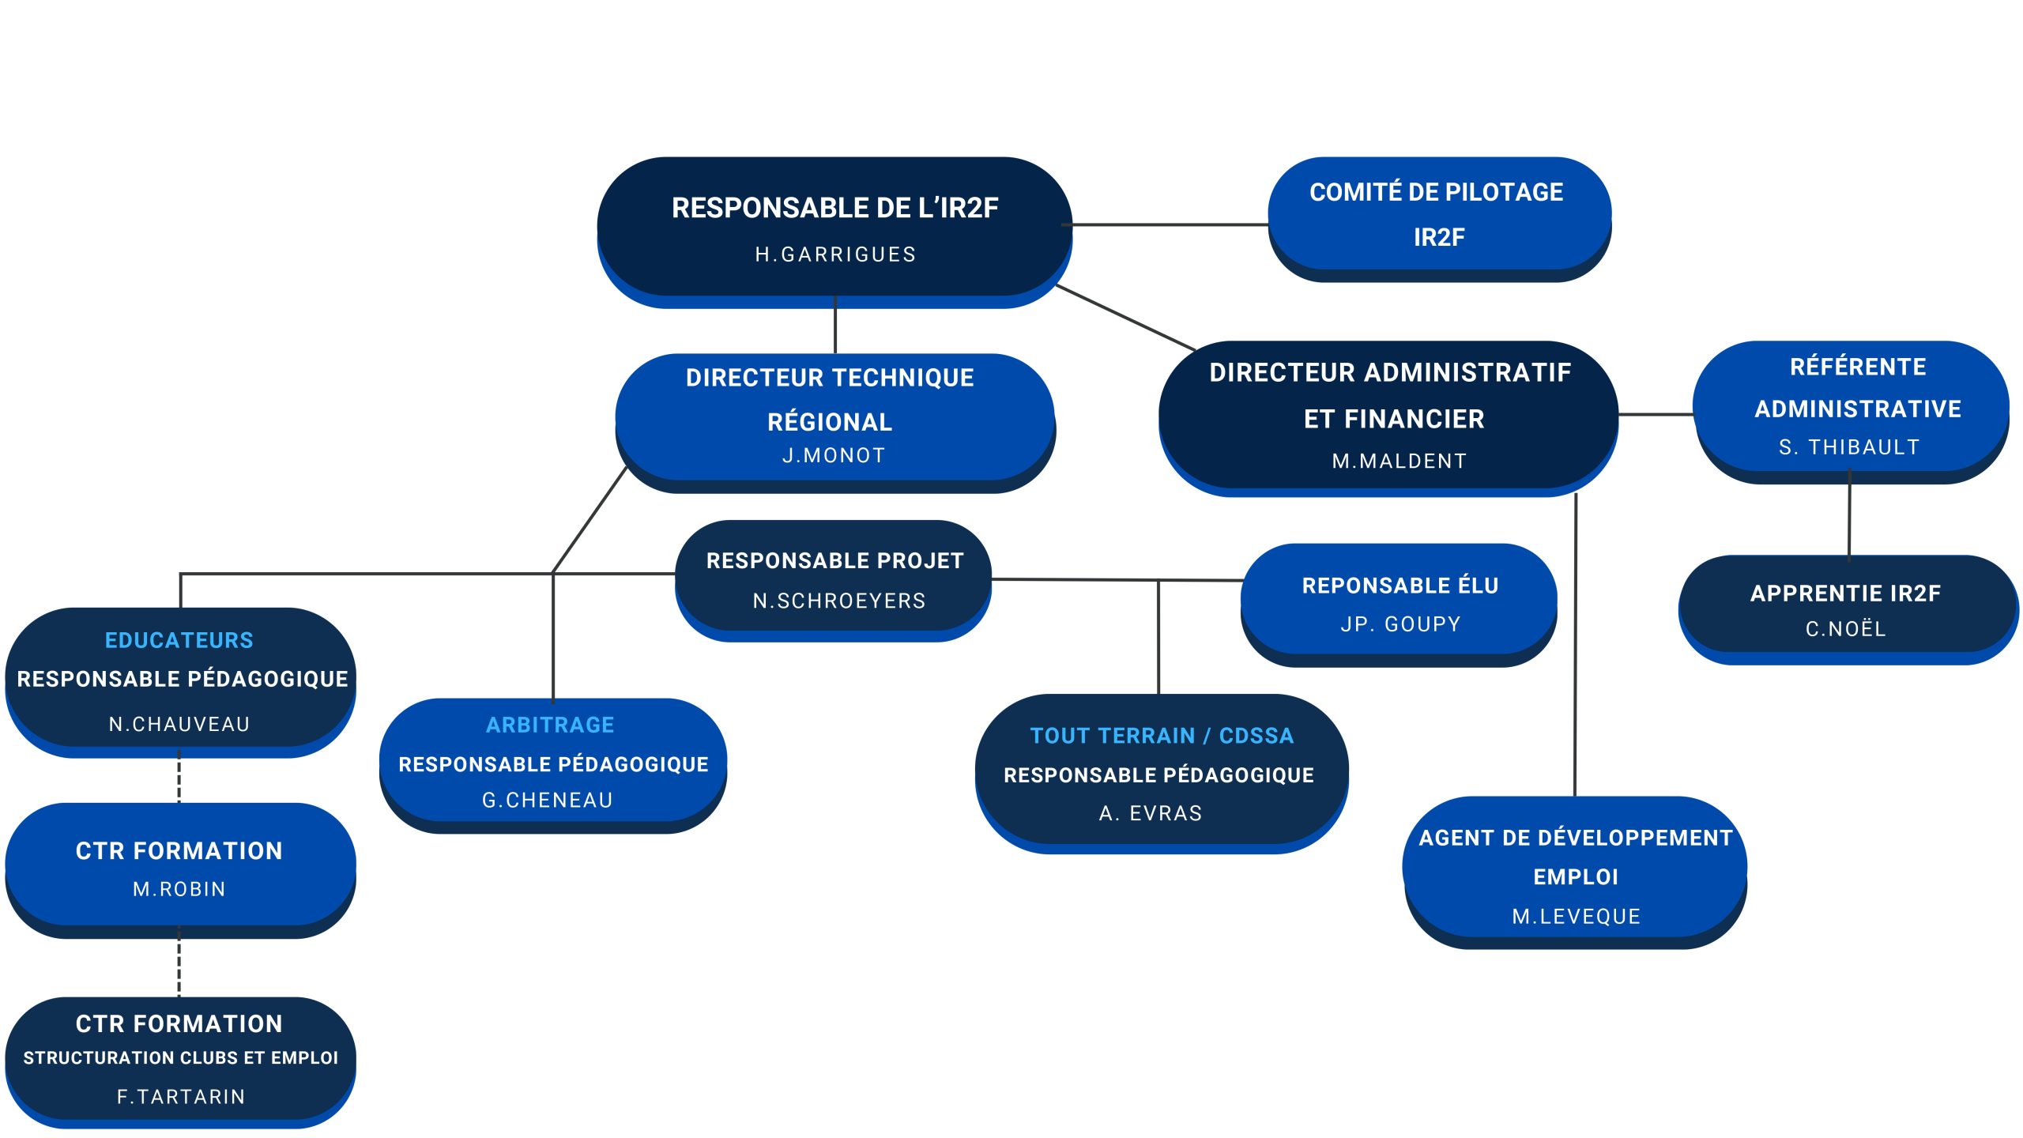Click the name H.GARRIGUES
835,254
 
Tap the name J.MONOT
834,456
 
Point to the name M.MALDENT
1400,462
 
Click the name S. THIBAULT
1849,448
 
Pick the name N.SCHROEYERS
838,601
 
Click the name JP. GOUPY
1400,624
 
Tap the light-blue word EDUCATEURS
179,640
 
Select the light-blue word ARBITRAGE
550,725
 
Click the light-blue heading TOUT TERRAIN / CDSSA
1162,737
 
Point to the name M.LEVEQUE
1576,917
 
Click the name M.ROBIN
179,890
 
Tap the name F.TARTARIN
181,1097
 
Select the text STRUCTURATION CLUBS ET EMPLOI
181,1058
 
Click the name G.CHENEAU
548,801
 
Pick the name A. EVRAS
1151,813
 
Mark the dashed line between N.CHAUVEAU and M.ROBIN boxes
179,779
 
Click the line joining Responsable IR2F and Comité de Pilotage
1170,225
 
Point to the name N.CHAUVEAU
179,725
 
